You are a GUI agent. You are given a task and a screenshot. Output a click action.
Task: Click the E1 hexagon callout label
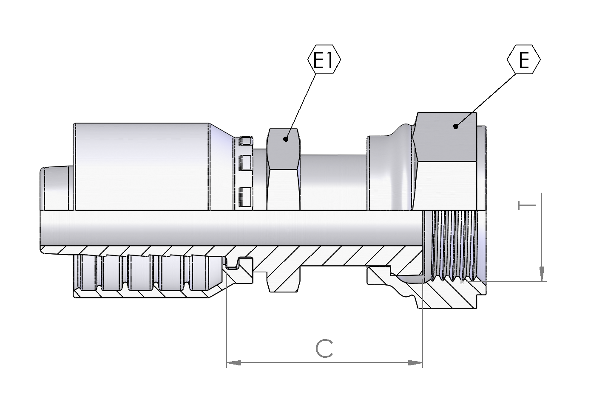(x=324, y=59)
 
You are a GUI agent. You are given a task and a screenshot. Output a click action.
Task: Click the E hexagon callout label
(x=524, y=59)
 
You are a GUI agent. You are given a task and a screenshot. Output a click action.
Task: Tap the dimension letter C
(x=324, y=348)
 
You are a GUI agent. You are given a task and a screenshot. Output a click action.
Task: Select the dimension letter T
(x=527, y=205)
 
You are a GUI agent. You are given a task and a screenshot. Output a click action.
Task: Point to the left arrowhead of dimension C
(x=234, y=363)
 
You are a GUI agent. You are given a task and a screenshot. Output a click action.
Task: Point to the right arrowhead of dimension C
(x=415, y=363)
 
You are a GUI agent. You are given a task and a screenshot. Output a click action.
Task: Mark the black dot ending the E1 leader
(x=286, y=139)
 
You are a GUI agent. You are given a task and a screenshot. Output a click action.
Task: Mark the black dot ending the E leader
(x=456, y=126)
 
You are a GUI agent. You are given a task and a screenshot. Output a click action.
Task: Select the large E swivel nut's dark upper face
(x=445, y=137)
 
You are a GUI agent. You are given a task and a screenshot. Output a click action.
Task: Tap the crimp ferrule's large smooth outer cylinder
(x=142, y=166)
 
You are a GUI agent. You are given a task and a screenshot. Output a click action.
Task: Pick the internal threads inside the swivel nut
(x=454, y=246)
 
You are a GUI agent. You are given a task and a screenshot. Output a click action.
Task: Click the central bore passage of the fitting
(x=231, y=228)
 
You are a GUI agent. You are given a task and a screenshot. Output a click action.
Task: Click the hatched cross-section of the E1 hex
(x=283, y=281)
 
